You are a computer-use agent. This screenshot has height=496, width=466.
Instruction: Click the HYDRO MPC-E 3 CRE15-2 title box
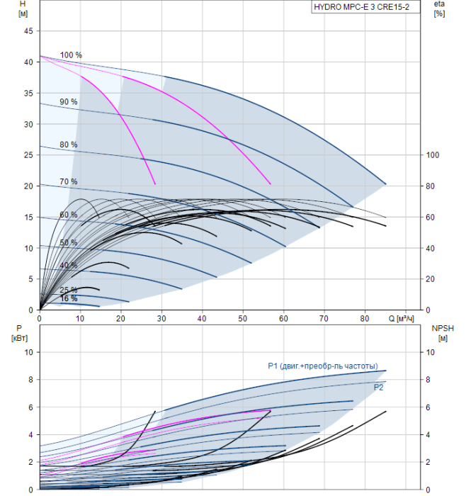coord(365,7)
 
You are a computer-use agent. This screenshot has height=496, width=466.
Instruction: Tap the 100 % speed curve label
coord(71,55)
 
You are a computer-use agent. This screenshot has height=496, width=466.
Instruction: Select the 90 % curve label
coord(68,102)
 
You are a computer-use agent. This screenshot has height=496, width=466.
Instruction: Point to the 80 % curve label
coord(68,145)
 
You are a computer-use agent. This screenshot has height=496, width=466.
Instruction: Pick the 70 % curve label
coord(68,181)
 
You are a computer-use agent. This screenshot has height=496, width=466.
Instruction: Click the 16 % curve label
coord(68,298)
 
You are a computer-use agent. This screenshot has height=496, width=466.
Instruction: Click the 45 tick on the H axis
coord(28,31)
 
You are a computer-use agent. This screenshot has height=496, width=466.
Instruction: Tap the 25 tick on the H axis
coord(28,155)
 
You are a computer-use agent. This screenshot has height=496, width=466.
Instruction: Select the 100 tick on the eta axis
coord(433,155)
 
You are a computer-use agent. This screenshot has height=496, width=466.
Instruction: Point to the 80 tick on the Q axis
coord(365,318)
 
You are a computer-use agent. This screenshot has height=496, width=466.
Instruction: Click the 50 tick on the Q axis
coord(242,318)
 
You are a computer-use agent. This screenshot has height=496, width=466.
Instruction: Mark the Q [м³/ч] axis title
coord(401,318)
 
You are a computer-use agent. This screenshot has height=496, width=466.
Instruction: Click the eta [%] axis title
coord(439,9)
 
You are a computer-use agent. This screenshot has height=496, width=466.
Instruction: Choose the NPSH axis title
coord(443,333)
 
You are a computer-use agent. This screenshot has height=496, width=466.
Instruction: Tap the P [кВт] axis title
coord(19,333)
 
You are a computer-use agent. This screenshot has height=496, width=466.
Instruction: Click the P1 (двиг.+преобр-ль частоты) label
coord(323,366)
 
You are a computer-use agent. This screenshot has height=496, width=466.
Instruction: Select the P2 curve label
coord(378,388)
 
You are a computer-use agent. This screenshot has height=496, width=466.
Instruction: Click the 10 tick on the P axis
coord(29,352)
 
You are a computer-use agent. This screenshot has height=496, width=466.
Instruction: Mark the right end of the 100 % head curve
coord(386,184)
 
